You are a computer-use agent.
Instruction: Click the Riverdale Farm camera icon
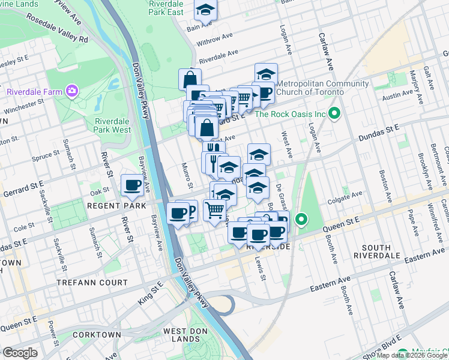coord(72,91)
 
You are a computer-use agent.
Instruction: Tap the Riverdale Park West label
coord(112,125)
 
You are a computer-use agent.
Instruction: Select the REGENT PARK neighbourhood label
coord(97,205)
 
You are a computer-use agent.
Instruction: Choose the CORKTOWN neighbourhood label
coord(97,334)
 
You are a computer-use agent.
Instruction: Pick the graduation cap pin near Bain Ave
coord(205,10)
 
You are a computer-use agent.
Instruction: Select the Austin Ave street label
coord(399,94)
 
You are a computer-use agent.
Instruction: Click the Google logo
coord(20,353)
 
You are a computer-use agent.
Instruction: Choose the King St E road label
coord(151,290)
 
